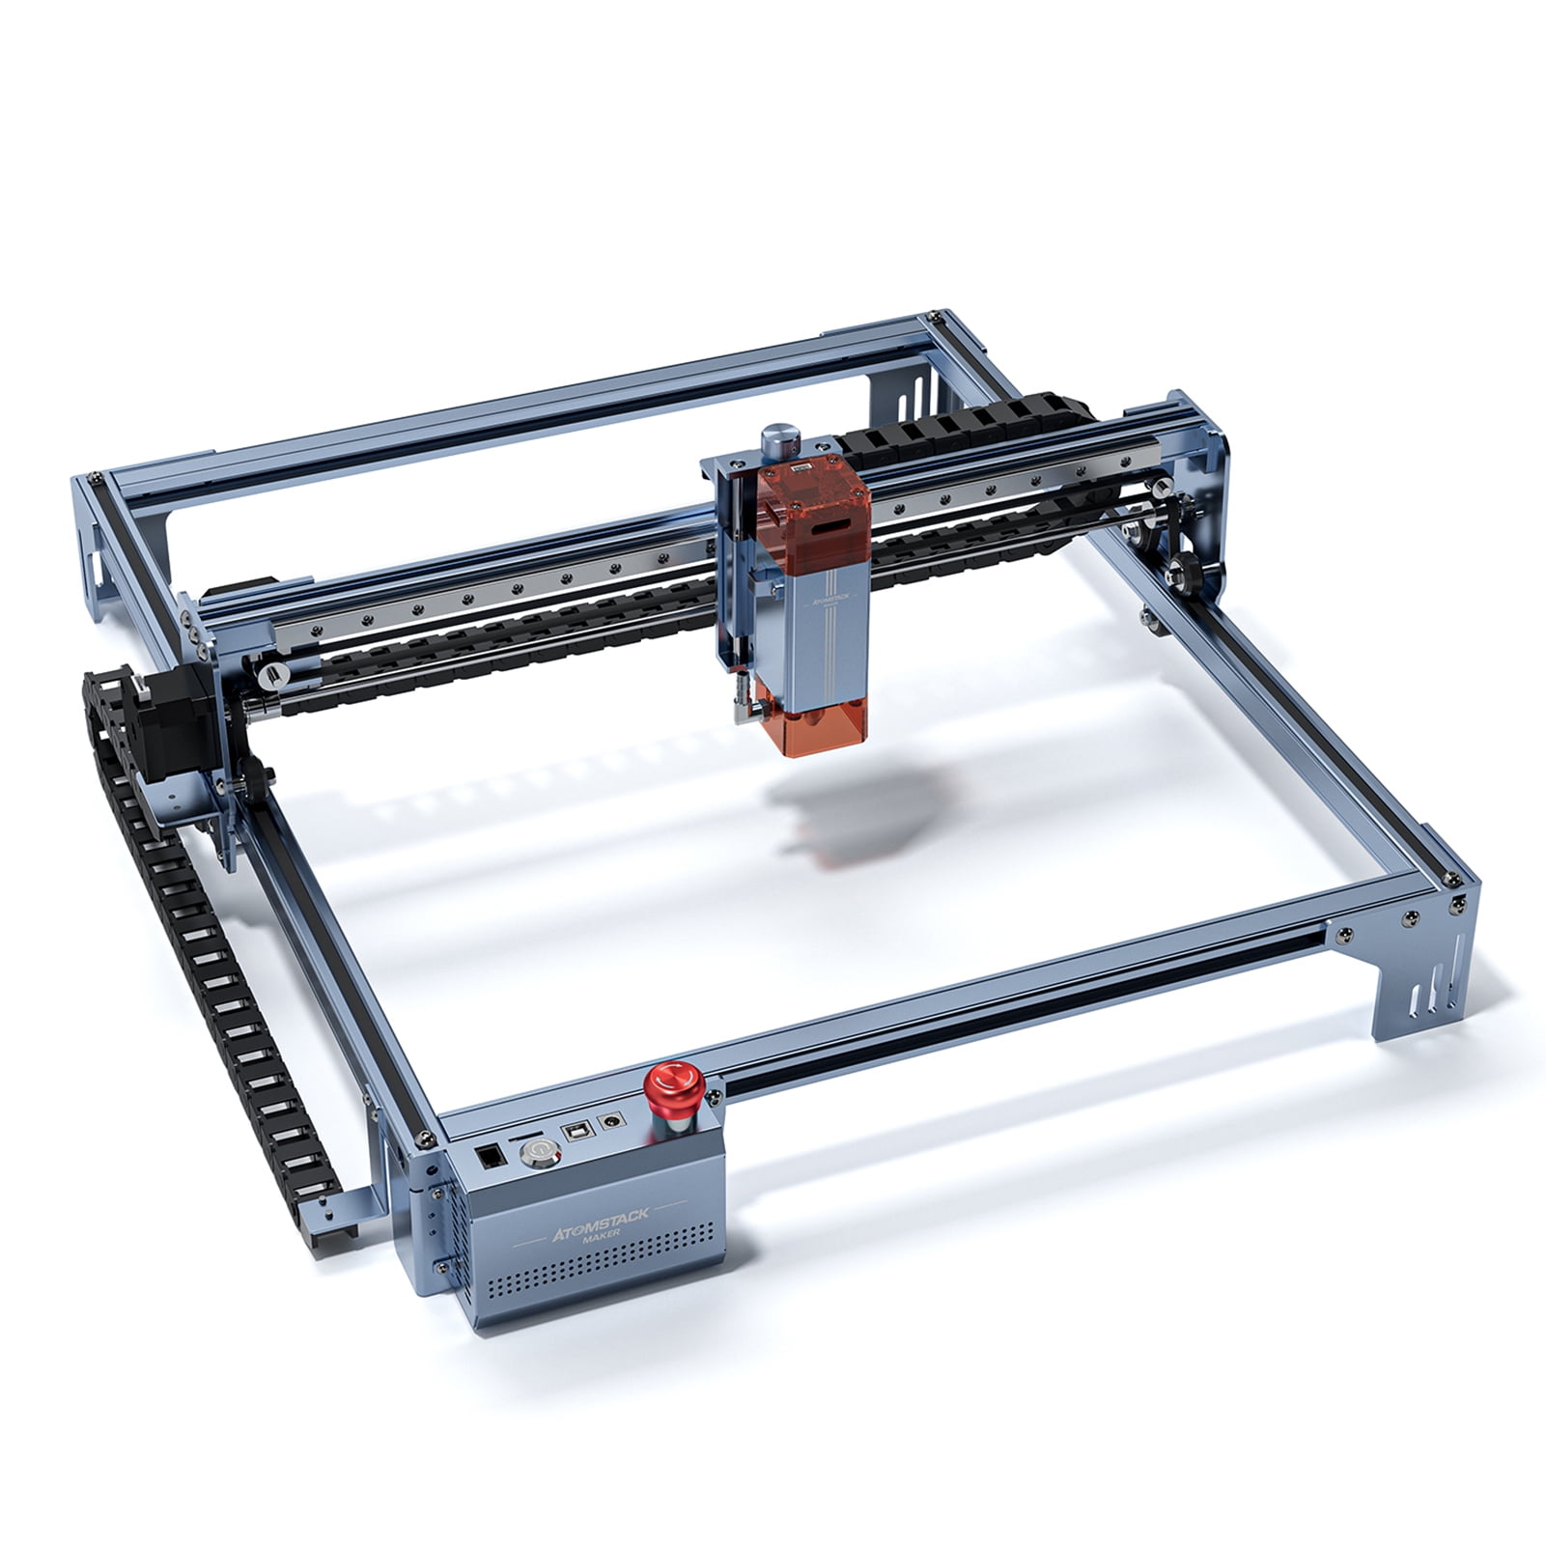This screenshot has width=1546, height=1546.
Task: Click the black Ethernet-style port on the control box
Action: pyautogui.click(x=489, y=1156)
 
